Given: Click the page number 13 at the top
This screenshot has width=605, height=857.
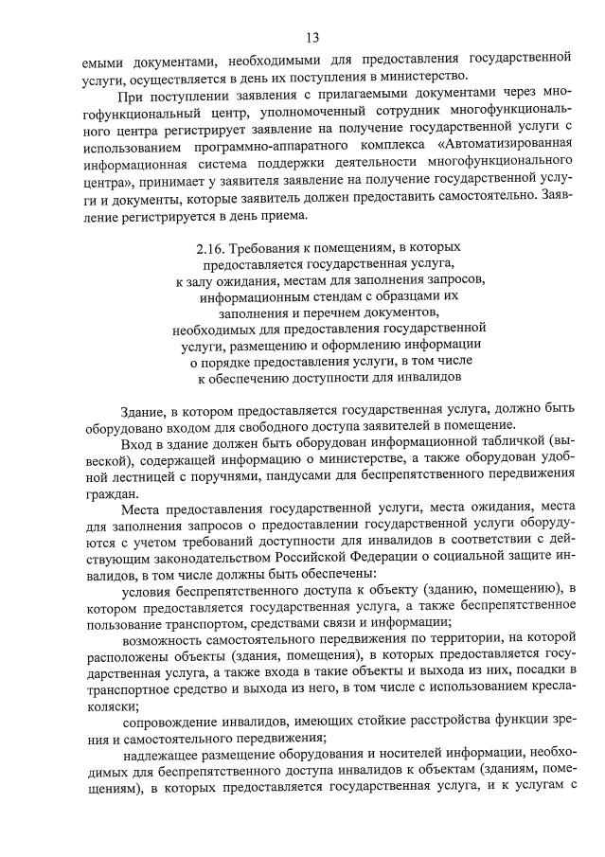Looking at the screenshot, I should pyautogui.click(x=312, y=38).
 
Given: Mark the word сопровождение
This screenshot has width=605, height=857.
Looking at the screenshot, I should pyautogui.click(x=177, y=724).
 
